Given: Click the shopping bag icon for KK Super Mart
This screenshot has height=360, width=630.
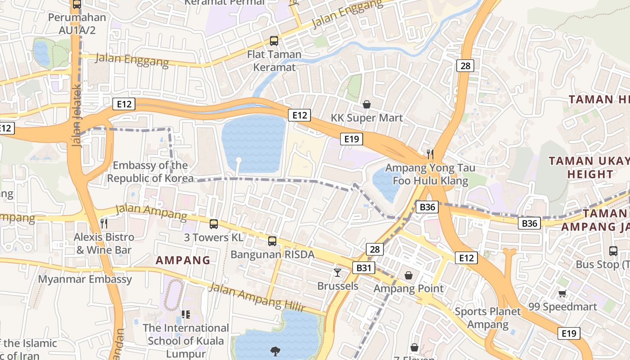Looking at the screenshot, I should pos(367,105).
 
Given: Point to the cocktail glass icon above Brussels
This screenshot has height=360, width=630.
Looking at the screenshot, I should pos(337,272).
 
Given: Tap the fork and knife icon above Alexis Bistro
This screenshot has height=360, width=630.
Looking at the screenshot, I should pos(104,223).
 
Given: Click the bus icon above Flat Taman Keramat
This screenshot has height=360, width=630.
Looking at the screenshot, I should pos(274,41).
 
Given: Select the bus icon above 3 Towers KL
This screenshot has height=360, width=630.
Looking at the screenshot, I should pos(214,224).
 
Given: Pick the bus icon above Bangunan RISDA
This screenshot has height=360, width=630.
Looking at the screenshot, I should pos(272,241).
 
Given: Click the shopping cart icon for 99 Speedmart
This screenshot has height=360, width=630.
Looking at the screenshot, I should pos(562,294).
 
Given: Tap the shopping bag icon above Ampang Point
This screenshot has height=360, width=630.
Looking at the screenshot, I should pos(409,275).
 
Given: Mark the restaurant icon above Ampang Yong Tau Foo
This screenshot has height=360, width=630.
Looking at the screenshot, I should pos(430,154).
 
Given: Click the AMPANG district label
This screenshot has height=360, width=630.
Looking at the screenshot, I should pos(183,260).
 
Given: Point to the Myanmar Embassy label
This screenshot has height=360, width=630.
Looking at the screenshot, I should pos(85,279).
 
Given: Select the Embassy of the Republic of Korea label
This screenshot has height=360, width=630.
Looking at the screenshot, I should pos(150,172).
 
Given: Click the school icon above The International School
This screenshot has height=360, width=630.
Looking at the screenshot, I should pos(185,314).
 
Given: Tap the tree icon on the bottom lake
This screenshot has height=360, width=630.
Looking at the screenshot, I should pos(274,351).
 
